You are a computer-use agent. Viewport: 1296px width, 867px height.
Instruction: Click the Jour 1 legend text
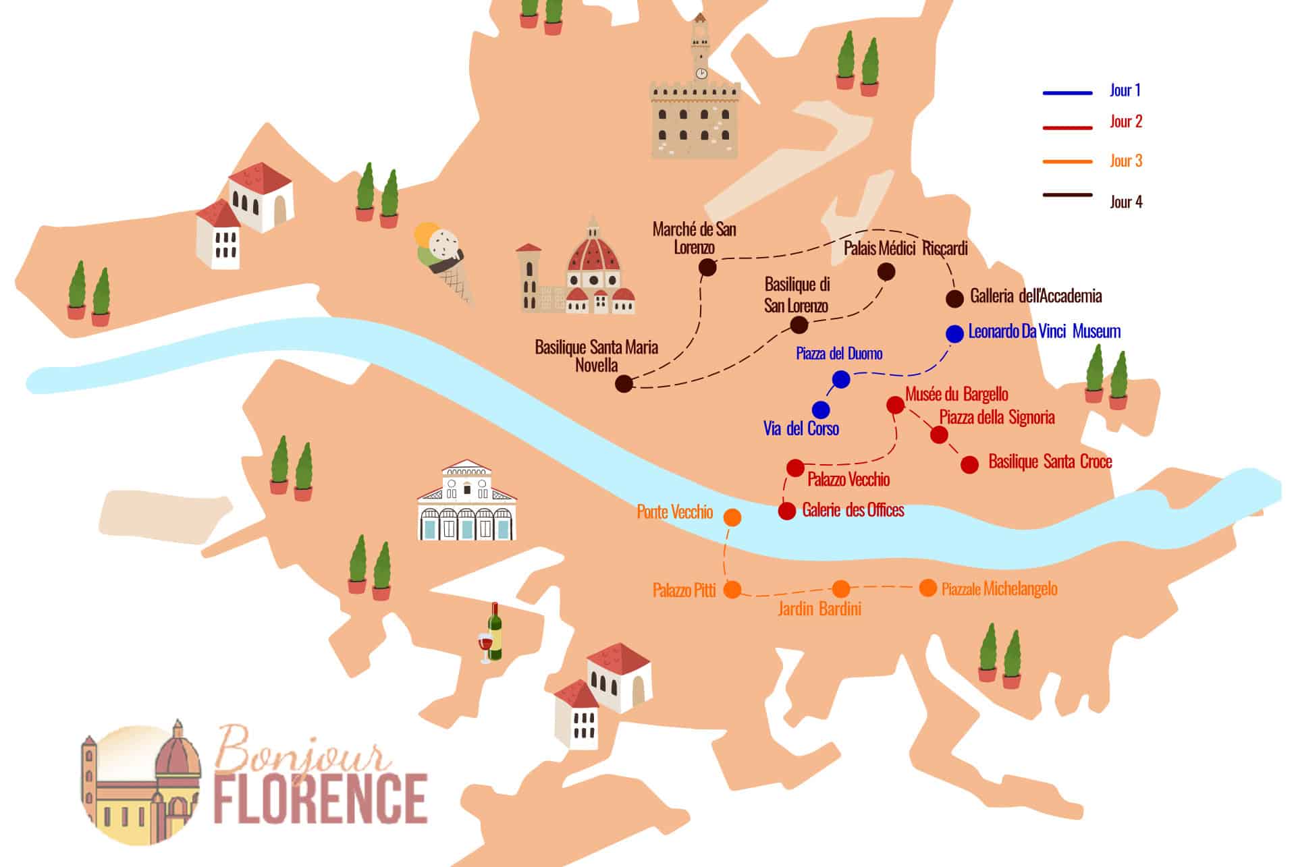1125,90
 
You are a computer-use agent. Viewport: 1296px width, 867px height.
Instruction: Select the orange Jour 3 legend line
1067,161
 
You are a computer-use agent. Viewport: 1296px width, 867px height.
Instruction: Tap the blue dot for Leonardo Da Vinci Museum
954,333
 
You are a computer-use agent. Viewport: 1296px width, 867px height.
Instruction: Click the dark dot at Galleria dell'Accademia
954,299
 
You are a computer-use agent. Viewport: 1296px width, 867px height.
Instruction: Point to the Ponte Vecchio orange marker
732,518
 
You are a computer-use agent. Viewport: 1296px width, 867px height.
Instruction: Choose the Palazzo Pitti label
684,590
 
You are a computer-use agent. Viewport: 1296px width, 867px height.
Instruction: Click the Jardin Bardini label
819,609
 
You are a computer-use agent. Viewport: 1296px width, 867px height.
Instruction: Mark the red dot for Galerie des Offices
787,511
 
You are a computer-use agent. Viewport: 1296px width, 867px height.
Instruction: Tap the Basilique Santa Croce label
1050,462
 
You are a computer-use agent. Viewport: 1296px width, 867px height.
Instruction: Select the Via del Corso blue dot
821,410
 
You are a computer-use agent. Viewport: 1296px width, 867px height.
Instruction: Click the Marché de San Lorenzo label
694,237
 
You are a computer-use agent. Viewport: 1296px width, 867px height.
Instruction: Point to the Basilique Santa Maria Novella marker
624,384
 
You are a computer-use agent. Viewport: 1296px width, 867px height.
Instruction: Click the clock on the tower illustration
701,73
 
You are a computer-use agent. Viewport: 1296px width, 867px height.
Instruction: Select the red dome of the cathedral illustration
593,253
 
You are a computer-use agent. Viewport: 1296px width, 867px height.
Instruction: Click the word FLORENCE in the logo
320,800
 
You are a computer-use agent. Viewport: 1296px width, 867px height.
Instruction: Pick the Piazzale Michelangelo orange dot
928,588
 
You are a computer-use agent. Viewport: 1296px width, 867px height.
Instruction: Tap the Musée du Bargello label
956,394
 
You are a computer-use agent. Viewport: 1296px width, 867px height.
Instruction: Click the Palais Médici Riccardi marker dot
886,272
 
